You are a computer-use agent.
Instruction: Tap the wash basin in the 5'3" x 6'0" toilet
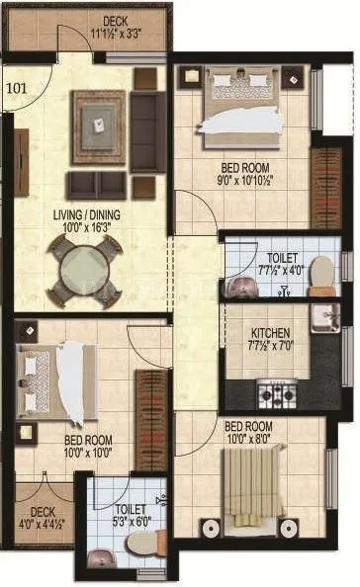coord(102,560)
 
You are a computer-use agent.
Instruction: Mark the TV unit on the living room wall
coord(21,163)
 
